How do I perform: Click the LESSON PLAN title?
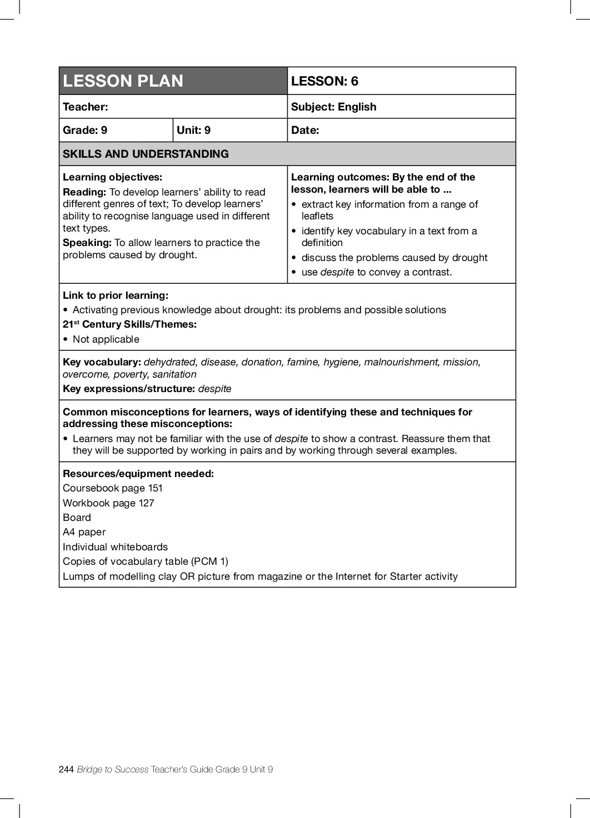click(123, 81)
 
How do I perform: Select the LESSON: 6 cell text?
click(324, 81)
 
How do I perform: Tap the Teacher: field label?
click(86, 107)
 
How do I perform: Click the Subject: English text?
click(333, 107)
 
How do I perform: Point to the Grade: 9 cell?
click(85, 130)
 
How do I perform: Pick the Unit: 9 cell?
click(193, 130)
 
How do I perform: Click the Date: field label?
click(305, 130)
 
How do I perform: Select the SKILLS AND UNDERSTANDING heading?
click(146, 154)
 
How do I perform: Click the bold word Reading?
click(84, 192)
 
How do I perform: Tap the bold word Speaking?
click(87, 243)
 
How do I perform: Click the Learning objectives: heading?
click(112, 177)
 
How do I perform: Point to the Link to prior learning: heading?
click(115, 295)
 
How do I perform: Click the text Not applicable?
click(106, 339)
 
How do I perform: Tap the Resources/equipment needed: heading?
click(138, 474)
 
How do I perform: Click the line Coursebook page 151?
click(113, 488)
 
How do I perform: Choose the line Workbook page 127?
click(108, 503)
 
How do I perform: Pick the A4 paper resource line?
click(84, 532)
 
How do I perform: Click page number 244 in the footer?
click(66, 769)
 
